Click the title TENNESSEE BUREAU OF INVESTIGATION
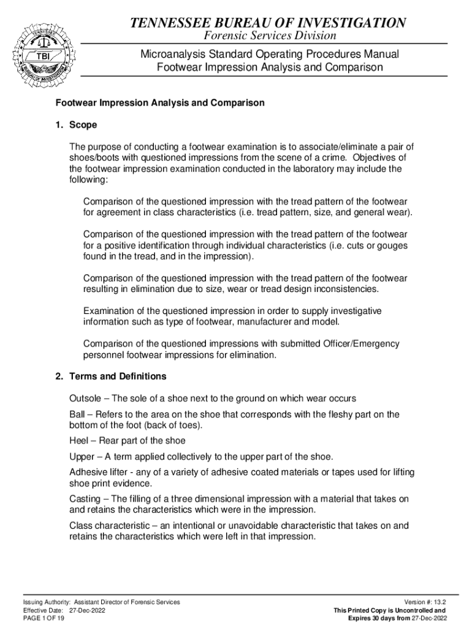(x=268, y=23)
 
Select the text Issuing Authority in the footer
(x=46, y=602)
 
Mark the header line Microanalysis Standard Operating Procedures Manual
(x=270, y=54)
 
